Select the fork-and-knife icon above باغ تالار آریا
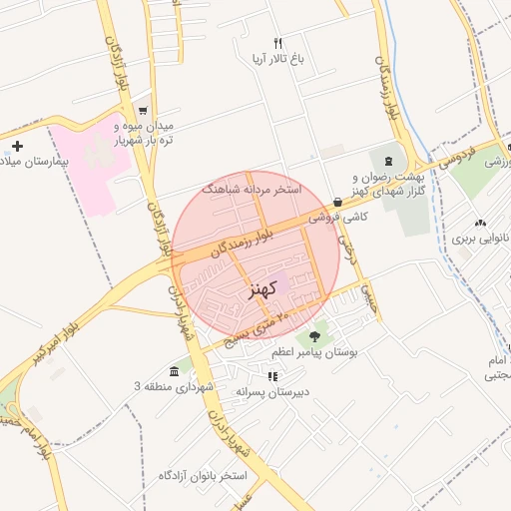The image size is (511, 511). click(278, 43)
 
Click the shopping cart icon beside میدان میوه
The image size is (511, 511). click(145, 111)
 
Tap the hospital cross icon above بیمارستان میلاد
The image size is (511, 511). click(17, 146)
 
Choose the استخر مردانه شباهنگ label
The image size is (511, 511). click(250, 188)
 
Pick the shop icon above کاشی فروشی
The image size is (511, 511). click(338, 202)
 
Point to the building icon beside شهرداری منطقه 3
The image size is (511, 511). click(175, 371)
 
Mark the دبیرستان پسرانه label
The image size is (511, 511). click(272, 392)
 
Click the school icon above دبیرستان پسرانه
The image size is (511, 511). click(271, 376)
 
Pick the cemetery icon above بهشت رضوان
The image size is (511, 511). click(388, 162)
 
